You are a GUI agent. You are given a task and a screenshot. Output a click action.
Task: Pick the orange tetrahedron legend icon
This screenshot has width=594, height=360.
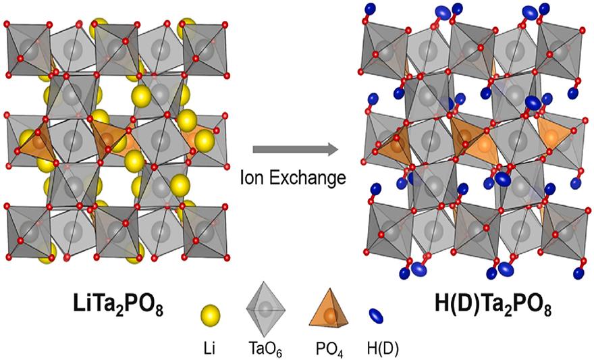coord(330,311)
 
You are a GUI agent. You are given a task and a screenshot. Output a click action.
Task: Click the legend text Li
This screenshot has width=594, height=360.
coord(211,346)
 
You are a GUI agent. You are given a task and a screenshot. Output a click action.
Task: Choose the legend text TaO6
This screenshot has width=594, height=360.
coord(267,346)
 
